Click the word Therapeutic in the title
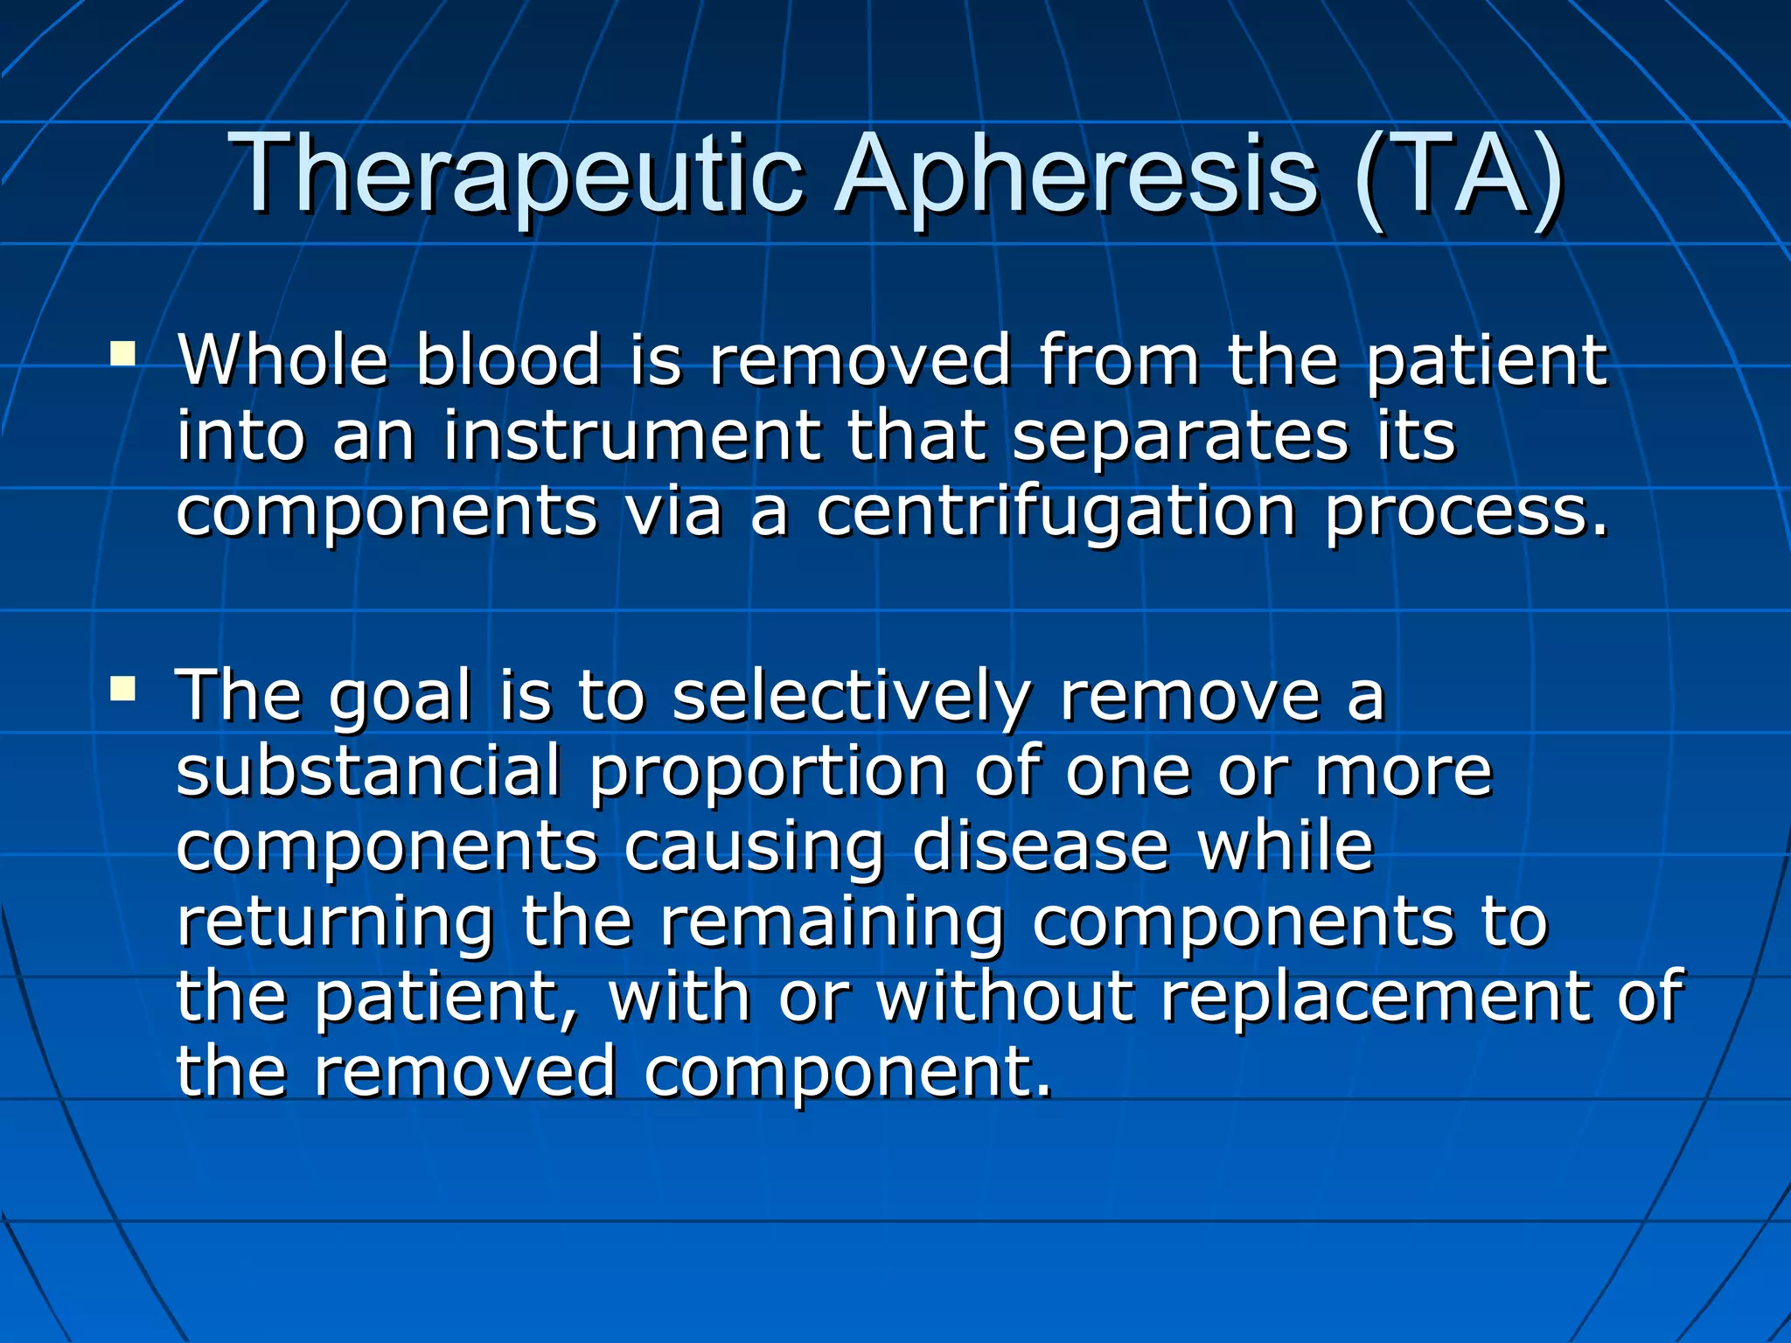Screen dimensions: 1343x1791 click(516, 175)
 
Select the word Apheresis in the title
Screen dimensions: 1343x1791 click(1076, 175)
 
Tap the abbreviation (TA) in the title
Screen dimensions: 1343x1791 click(1456, 175)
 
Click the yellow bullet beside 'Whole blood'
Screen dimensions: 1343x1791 click(122, 354)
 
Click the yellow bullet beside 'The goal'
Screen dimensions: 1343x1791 click(122, 689)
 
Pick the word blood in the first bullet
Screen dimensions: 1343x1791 click(508, 359)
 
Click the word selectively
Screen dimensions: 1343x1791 click(852, 698)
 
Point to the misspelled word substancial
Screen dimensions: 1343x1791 click(368, 771)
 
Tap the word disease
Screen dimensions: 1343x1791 click(1041, 845)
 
